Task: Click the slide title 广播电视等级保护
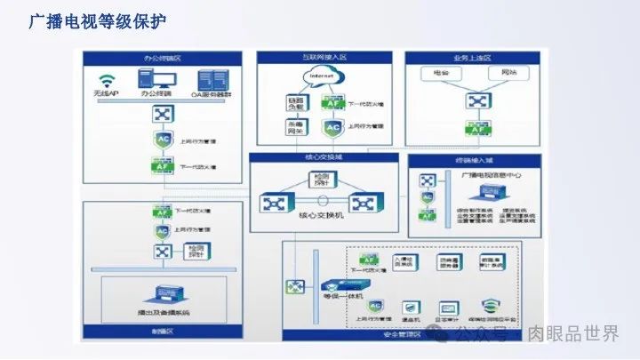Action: coord(97,20)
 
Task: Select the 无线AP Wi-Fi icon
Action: coord(108,78)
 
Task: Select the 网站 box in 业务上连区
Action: coord(508,71)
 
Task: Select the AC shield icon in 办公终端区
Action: coord(162,140)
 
